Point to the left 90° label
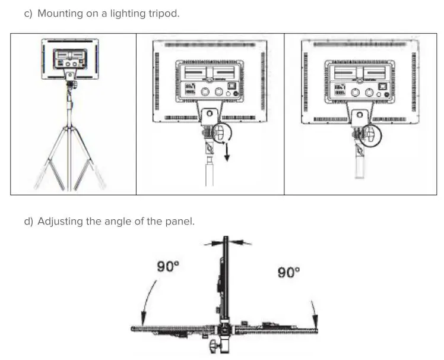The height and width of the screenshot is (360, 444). (168, 267)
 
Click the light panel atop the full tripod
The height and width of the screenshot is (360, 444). (69, 59)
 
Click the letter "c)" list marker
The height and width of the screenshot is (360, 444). (28, 13)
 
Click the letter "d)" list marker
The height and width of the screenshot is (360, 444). (28, 222)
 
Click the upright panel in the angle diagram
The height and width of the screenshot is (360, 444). (226, 279)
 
